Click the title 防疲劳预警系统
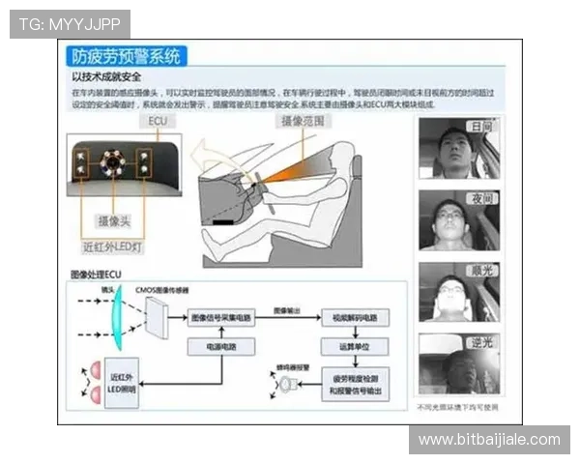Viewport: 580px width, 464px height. [x=126, y=56]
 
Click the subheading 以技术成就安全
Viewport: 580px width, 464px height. [x=107, y=75]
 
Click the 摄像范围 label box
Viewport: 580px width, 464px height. [x=304, y=121]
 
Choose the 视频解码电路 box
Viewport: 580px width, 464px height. [x=354, y=317]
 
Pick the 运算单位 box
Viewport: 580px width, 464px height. [x=354, y=345]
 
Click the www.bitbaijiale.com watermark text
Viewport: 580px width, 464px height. [x=488, y=440]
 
